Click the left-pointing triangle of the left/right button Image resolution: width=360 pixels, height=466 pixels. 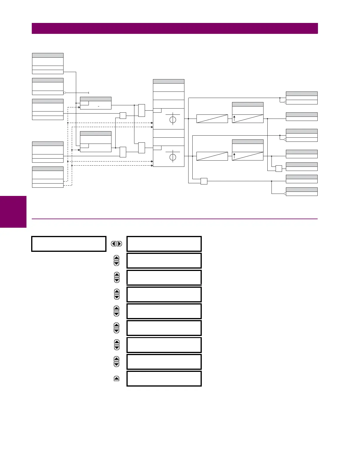[114, 244]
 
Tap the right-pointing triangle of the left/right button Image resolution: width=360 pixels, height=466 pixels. [119, 244]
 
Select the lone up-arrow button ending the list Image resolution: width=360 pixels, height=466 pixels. [116, 378]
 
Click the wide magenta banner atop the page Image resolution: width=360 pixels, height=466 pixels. [175, 28]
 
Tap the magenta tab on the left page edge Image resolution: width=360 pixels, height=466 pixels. [13, 212]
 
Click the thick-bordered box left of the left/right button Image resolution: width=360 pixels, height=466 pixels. [69, 244]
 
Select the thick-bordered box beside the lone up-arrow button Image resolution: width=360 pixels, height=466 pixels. [164, 378]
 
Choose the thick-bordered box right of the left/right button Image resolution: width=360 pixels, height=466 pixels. [164, 244]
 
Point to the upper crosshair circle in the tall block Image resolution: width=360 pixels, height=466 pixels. [173, 120]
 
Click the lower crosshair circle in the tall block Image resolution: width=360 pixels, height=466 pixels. [173, 157]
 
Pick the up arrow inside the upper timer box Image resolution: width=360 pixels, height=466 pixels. [234, 118]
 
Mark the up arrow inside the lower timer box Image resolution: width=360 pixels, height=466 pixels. [234, 156]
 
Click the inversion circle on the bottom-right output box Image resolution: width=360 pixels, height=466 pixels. [285, 194]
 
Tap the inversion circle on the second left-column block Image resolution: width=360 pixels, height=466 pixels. [65, 93]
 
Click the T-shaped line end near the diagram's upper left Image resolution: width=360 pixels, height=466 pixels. [89, 93]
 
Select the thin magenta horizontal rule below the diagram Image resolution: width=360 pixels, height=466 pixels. [175, 219]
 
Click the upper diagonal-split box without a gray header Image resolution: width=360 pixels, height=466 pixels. [212, 119]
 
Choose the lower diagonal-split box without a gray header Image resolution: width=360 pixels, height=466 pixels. [212, 156]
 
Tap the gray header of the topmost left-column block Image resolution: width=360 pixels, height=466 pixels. [48, 55]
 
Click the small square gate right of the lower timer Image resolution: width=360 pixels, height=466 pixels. [279, 169]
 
